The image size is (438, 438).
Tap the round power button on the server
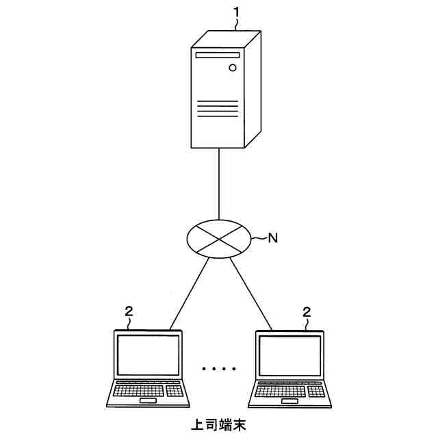[233, 68]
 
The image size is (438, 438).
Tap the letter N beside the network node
[272, 238]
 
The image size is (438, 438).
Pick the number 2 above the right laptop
[307, 312]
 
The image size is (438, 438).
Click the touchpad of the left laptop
[148, 401]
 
